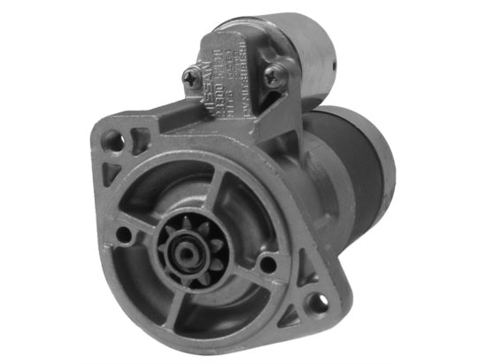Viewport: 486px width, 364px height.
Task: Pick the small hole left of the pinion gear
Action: (126, 236)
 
